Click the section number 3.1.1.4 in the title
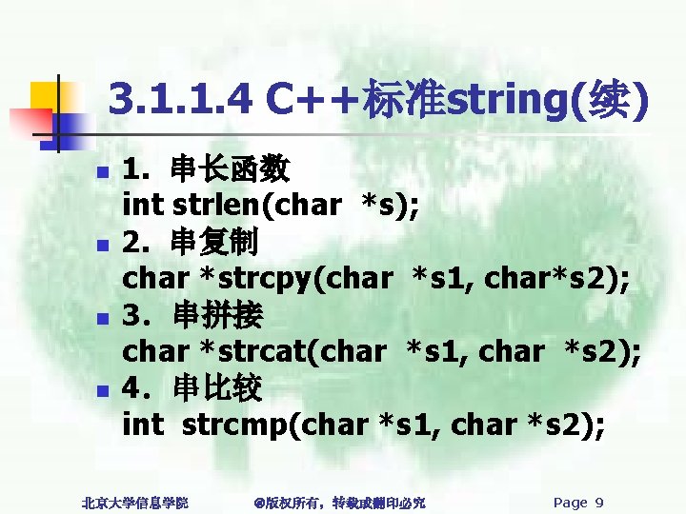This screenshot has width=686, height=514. coord(182,98)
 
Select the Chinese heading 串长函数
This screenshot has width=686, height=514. coord(231,170)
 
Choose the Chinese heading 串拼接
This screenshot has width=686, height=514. coord(219,314)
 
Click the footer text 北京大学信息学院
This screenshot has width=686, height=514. coord(134,503)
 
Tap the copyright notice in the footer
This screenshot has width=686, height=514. coord(340,503)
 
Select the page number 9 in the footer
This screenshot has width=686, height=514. coord(598,503)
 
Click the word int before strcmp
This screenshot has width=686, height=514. coord(143,424)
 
